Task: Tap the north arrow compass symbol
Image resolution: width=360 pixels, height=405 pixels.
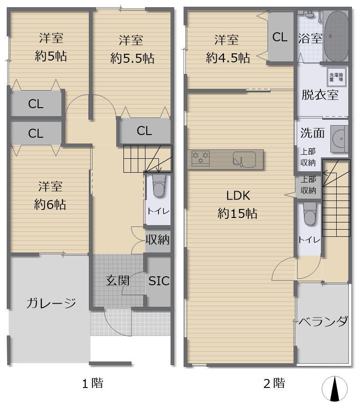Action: coord(335,388)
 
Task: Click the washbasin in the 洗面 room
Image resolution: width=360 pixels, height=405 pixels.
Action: coord(339,139)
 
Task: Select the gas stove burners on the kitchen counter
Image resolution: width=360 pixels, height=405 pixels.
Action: coord(200,158)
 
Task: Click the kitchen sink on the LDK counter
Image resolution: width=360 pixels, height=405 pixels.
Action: coord(244,159)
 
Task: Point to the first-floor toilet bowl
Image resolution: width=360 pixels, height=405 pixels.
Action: coord(159,186)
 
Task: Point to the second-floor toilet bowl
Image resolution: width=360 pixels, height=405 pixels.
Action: coord(310,213)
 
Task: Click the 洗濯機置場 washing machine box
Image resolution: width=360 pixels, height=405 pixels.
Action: coord(336,77)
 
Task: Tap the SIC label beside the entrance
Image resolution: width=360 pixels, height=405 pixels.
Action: coord(159,281)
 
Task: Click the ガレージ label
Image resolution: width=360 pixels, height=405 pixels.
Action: coord(51,303)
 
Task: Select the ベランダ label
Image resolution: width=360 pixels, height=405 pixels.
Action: coord(323,321)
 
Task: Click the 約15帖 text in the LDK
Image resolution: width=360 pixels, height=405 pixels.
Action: coord(237,213)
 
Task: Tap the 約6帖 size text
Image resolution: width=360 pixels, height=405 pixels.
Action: coord(50,205)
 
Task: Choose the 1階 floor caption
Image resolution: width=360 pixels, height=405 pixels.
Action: coord(93,383)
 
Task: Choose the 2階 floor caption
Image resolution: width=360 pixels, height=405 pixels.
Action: coord(274,383)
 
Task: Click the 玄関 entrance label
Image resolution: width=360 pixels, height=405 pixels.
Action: coord(118,280)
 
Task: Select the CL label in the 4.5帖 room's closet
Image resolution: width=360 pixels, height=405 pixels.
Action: coord(280,37)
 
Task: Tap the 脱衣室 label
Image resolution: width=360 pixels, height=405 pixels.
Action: coord(320,95)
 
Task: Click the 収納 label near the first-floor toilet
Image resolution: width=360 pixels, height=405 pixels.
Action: coord(158,240)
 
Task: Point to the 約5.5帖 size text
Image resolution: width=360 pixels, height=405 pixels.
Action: coord(132,58)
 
